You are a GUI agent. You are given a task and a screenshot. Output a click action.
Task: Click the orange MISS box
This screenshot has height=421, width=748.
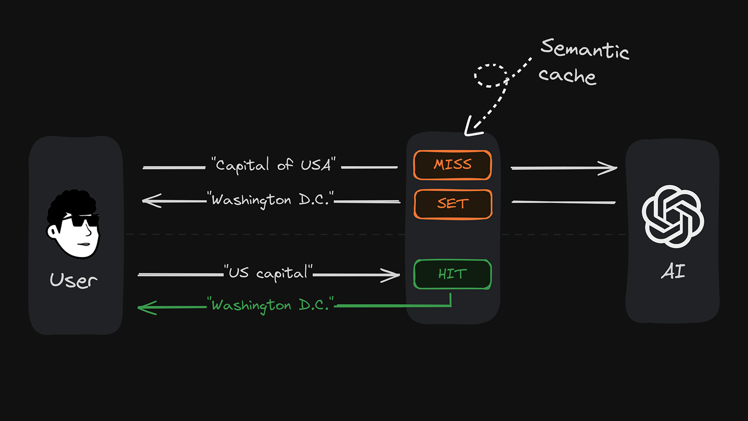452,165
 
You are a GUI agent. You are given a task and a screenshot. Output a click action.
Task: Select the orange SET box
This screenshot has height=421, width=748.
453,204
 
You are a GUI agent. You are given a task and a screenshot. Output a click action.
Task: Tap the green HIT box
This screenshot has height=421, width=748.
452,274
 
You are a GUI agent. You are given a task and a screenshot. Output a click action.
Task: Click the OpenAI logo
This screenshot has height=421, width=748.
673,216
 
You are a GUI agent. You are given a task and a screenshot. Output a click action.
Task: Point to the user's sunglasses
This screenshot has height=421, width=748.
80,220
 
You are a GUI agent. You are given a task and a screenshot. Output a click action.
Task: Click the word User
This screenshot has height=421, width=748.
73,280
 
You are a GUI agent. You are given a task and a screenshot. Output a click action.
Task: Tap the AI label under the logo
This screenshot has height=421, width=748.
673,271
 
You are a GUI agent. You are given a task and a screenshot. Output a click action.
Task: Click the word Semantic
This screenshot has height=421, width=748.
584,49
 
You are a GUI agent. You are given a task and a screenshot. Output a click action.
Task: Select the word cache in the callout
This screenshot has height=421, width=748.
567,76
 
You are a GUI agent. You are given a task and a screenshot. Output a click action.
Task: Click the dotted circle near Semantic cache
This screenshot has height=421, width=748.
490,75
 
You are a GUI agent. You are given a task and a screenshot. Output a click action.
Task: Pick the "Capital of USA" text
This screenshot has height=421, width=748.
273,165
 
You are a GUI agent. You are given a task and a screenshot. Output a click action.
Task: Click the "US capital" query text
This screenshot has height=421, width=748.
268,273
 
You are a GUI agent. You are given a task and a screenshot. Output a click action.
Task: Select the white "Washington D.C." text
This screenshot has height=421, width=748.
270,200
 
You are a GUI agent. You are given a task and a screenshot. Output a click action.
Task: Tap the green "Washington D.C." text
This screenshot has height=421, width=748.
270,305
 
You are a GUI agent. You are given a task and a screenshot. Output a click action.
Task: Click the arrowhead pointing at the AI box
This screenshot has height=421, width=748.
611,167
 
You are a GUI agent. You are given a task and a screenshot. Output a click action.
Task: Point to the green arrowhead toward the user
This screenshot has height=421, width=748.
145,307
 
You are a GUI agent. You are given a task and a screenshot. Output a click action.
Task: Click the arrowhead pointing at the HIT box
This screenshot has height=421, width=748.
393,275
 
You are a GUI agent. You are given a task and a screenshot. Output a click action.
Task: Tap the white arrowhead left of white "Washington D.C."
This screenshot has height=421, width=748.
150,201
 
